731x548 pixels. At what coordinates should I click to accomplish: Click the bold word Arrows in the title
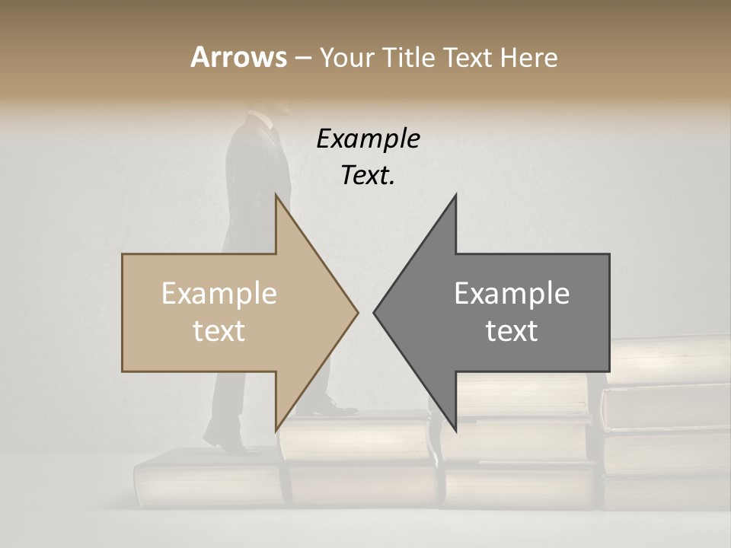click(x=238, y=57)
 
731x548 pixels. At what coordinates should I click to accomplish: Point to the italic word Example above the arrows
click(x=368, y=139)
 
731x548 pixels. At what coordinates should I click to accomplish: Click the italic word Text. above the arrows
click(x=368, y=176)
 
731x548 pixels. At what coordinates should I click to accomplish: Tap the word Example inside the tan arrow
click(x=219, y=294)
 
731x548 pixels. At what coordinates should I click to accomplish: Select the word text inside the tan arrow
click(x=219, y=331)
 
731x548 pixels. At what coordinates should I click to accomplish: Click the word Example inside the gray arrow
click(x=512, y=294)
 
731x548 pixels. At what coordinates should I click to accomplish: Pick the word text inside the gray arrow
click(x=512, y=331)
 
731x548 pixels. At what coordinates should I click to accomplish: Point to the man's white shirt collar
click(x=263, y=119)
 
